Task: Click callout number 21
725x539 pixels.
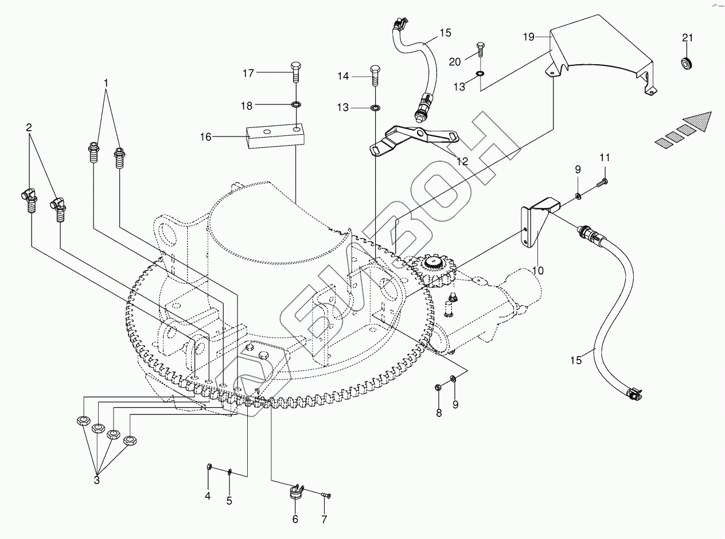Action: pyautogui.click(x=687, y=38)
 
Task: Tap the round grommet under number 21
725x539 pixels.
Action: pyautogui.click(x=687, y=63)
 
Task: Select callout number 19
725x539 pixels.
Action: pyautogui.click(x=529, y=37)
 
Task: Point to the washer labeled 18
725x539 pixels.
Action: pyautogui.click(x=296, y=105)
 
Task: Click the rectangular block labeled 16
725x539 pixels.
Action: pyautogui.click(x=275, y=135)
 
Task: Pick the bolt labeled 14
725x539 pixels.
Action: pyautogui.click(x=375, y=76)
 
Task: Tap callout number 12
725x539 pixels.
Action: pyautogui.click(x=462, y=161)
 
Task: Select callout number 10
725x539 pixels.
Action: pyautogui.click(x=537, y=270)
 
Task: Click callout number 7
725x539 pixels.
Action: pyautogui.click(x=324, y=520)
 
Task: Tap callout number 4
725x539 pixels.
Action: pyautogui.click(x=208, y=496)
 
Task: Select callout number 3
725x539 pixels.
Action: pyautogui.click(x=97, y=480)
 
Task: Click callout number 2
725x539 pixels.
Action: pyautogui.click(x=29, y=127)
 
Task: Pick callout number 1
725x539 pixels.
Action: pyautogui.click(x=106, y=83)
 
